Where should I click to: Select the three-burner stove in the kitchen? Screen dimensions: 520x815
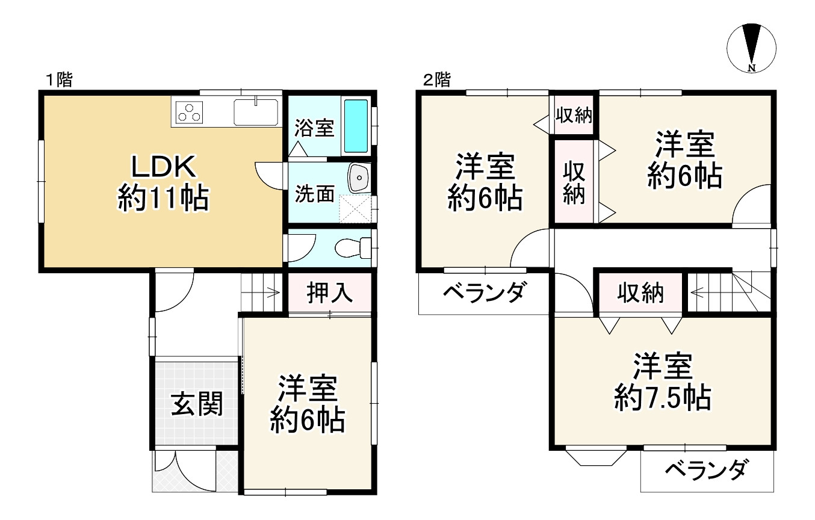tap(190, 112)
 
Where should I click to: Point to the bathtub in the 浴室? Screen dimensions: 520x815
tap(356, 126)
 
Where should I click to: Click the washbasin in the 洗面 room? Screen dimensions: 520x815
tap(359, 178)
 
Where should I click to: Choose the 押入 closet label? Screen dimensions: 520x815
tap(329, 293)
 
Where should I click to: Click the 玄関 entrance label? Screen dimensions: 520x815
tap(196, 404)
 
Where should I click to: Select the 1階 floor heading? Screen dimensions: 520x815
tap(60, 80)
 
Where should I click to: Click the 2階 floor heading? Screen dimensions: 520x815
tap(436, 80)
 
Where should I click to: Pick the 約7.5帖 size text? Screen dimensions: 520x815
tap(663, 398)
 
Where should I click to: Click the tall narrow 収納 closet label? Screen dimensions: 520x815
tap(574, 183)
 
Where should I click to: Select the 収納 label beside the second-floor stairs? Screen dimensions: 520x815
tap(640, 294)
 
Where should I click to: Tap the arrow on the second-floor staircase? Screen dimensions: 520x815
tap(699, 293)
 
